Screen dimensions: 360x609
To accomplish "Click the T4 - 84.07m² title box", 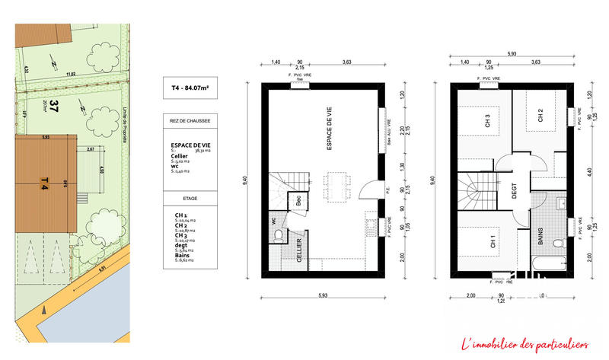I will click(x=190, y=89).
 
